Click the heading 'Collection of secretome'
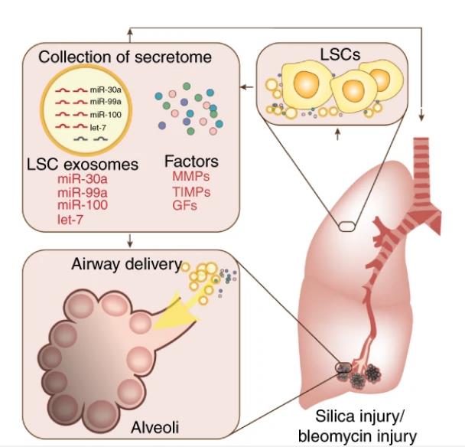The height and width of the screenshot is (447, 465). [125, 57]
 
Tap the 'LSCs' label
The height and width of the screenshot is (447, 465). [340, 54]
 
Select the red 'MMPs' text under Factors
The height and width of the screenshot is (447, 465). [191, 177]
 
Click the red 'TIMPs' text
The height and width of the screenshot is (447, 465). [191, 192]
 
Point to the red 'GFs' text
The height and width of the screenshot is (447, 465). [184, 205]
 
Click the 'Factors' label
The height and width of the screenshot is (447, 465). [191, 162]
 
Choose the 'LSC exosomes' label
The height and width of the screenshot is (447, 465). [83, 164]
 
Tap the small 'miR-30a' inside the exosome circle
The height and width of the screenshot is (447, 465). [106, 90]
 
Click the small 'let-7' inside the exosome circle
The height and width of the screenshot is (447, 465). [98, 128]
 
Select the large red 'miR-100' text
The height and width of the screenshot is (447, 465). [83, 205]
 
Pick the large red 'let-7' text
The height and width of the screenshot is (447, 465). [70, 220]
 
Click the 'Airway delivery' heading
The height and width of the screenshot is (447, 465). [126, 264]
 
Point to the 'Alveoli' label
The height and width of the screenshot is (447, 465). [154, 427]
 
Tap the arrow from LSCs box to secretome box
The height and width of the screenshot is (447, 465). [247, 87]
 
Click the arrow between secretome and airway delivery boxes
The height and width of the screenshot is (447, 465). [129, 240]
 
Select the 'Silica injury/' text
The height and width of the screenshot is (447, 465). [359, 416]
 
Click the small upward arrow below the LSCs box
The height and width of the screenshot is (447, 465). [337, 134]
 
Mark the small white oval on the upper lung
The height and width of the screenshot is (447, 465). [346, 227]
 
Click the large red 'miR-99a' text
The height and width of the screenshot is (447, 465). [83, 193]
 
